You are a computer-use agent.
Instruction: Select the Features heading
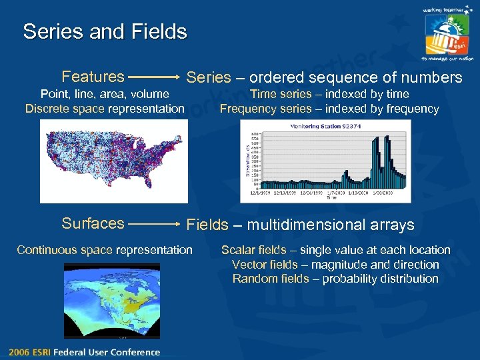pos(93,77)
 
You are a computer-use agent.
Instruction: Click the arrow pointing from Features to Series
pos(155,77)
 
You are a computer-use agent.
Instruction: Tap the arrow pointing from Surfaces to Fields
pos(155,225)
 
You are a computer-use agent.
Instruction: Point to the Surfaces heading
pos(93,223)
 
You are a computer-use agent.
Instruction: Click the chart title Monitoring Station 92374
pos(325,126)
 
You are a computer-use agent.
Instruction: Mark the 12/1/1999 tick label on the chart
pos(259,193)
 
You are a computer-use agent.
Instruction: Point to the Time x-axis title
pos(331,198)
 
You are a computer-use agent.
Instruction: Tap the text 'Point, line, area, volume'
pos(105,94)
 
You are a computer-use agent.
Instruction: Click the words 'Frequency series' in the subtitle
pos(265,109)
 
